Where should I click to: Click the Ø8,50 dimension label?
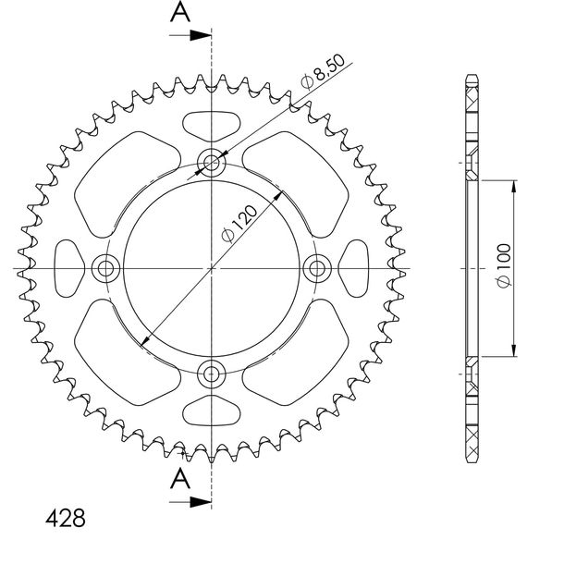point(323,71)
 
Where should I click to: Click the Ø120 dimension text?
point(239,224)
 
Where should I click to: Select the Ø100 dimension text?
point(503,265)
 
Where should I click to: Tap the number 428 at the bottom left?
point(66,519)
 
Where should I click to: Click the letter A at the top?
point(180,11)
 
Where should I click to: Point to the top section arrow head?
point(201,35)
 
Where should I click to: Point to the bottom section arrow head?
point(201,502)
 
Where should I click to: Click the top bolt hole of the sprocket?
point(212,163)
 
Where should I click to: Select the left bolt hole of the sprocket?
point(105,268)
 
